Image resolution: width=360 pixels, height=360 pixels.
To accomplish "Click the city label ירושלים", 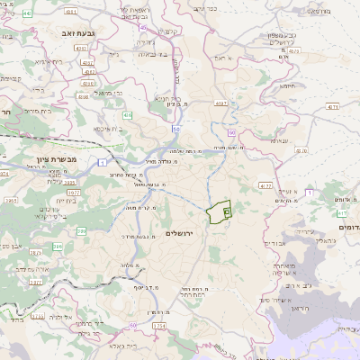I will [182, 233].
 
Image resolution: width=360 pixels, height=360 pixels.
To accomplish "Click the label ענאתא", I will [280, 139].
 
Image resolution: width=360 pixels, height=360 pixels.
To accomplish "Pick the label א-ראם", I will [224, 58].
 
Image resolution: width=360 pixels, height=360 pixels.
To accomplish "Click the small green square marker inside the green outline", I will [227, 211].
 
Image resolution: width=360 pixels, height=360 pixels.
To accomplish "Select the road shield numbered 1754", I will [159, 325].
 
